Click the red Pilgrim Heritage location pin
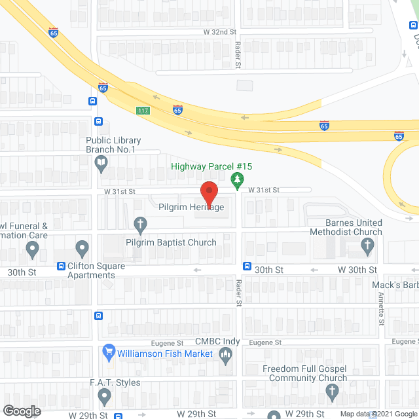(x=208, y=192)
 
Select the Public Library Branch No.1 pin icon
(x=101, y=166)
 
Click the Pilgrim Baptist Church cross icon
(x=139, y=225)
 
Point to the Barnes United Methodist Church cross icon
(x=368, y=247)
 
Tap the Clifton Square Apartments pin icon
(x=82, y=249)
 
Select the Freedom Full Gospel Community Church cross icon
(x=332, y=393)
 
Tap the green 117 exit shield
(x=143, y=110)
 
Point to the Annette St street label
(x=381, y=308)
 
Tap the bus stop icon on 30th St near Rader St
(x=247, y=266)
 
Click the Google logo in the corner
(x=21, y=411)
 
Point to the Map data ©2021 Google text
(x=378, y=414)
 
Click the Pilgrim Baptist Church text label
(x=171, y=242)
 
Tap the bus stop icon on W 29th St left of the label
(x=118, y=415)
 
